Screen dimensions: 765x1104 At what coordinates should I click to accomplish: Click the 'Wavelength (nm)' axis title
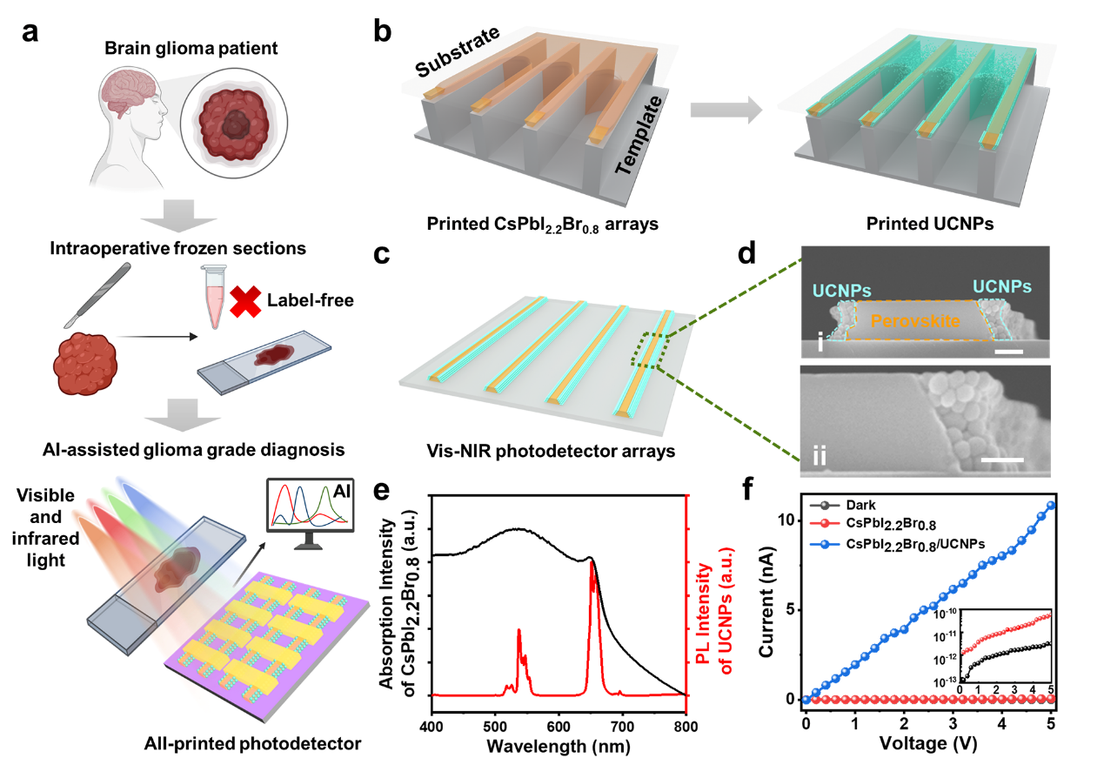pyautogui.click(x=558, y=746)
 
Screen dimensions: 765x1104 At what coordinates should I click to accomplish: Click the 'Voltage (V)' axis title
pyautogui.click(x=929, y=745)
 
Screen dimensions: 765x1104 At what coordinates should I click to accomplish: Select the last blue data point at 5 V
pyautogui.click(x=1051, y=505)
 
